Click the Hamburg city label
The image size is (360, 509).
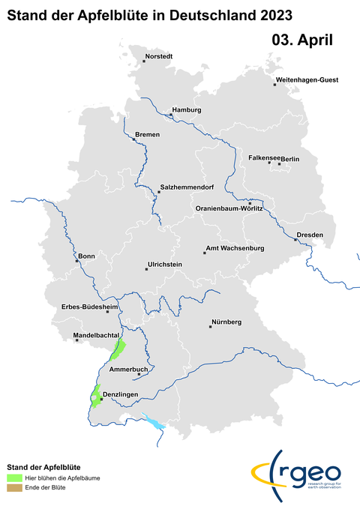click(x=187, y=110)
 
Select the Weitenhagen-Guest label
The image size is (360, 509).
click(x=307, y=79)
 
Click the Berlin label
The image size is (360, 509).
click(x=290, y=159)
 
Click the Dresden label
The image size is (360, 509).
click(x=310, y=235)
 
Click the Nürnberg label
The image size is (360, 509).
click(x=226, y=322)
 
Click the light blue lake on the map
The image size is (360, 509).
click(x=154, y=424)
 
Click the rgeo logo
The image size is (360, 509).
click(x=300, y=474)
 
